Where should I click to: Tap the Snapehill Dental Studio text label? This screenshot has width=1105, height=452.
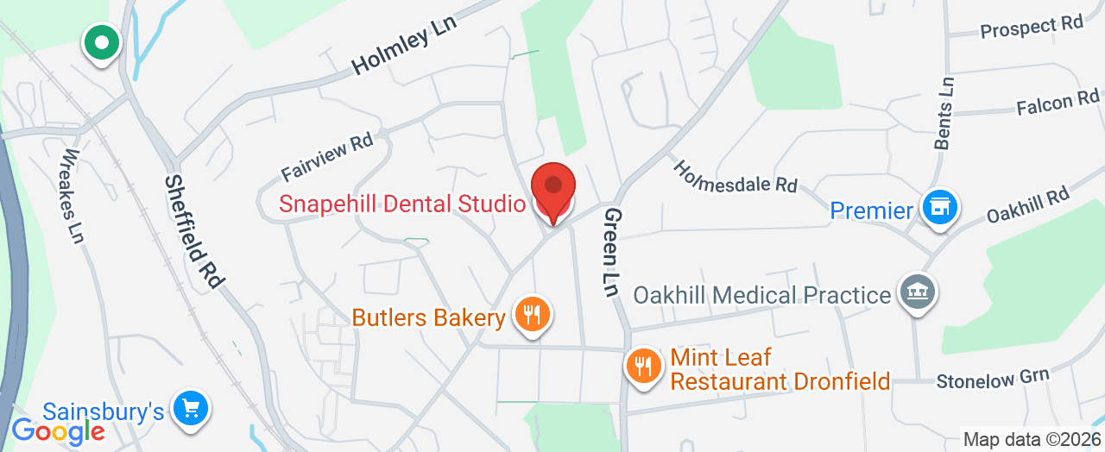tap(401, 204)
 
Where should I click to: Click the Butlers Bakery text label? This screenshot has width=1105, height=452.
tap(428, 317)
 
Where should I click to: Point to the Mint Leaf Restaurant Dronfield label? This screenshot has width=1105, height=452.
tap(780, 369)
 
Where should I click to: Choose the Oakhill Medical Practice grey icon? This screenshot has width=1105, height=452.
tap(918, 292)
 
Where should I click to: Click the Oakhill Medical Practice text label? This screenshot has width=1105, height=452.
tap(762, 295)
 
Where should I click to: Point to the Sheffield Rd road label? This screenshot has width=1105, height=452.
tap(194, 231)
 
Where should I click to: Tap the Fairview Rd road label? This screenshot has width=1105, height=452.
tap(326, 157)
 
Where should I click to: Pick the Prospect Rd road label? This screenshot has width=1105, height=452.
tap(1032, 28)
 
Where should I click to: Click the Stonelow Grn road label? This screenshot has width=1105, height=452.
tap(994, 378)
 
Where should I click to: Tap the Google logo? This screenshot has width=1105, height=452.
tap(58, 430)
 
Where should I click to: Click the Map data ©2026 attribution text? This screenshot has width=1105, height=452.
tap(1032, 440)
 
